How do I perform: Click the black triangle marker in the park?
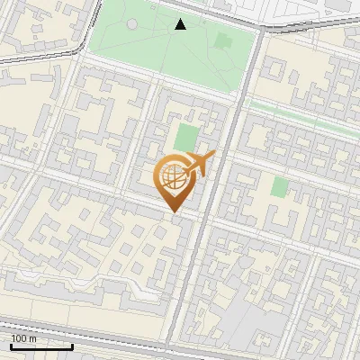[181, 24]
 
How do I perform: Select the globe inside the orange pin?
[174, 175]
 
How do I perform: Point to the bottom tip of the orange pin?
[174, 213]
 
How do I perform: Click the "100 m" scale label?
[24, 338]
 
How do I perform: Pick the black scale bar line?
[41, 346]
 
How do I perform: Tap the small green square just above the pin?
[185, 138]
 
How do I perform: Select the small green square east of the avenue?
[280, 187]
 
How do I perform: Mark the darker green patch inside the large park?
[222, 40]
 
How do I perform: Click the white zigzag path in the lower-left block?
[135, 286]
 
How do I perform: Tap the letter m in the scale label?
[33, 338]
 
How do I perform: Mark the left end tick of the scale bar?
[11, 345]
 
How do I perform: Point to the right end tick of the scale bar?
[72, 345]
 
